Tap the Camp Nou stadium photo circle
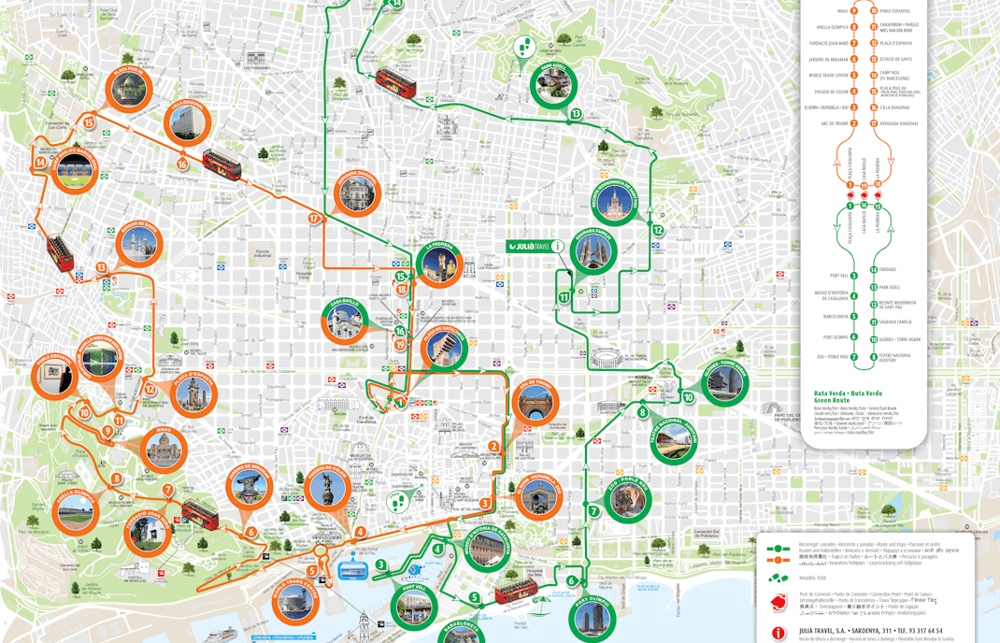[75, 169]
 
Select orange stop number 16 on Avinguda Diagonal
[182, 164]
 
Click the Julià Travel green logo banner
[529, 247]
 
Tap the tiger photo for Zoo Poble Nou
[626, 499]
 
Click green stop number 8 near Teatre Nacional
[642, 412]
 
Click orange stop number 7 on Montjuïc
[168, 490]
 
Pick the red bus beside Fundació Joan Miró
[200, 513]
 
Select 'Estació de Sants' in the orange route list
[895, 59]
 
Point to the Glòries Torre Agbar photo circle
[724, 381]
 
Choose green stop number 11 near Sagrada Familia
[564, 298]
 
